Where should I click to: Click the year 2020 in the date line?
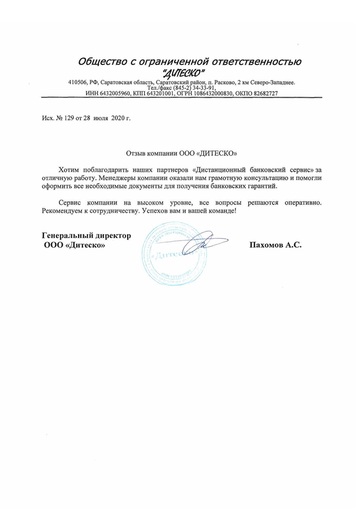(116, 119)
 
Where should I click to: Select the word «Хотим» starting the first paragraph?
(70, 169)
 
